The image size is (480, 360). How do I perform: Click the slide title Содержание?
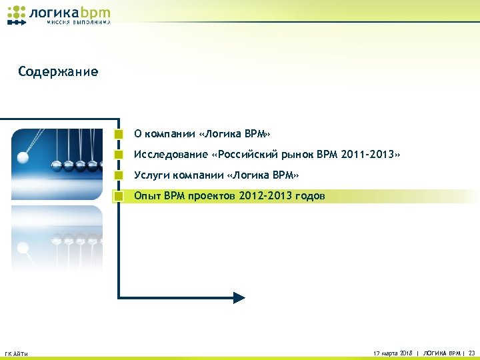click(58, 71)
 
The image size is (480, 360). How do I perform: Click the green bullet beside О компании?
click(119, 134)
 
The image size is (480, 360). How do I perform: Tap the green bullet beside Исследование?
click(119, 155)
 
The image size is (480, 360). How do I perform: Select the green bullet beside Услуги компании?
click(119, 175)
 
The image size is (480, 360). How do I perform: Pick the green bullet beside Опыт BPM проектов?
click(119, 196)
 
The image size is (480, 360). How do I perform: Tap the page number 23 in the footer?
click(472, 351)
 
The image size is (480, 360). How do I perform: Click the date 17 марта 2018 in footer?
click(393, 351)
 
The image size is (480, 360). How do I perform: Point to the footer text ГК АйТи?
click(16, 353)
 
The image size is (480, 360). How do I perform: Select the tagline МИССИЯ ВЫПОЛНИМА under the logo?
click(79, 22)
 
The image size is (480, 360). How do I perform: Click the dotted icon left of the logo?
click(17, 15)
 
